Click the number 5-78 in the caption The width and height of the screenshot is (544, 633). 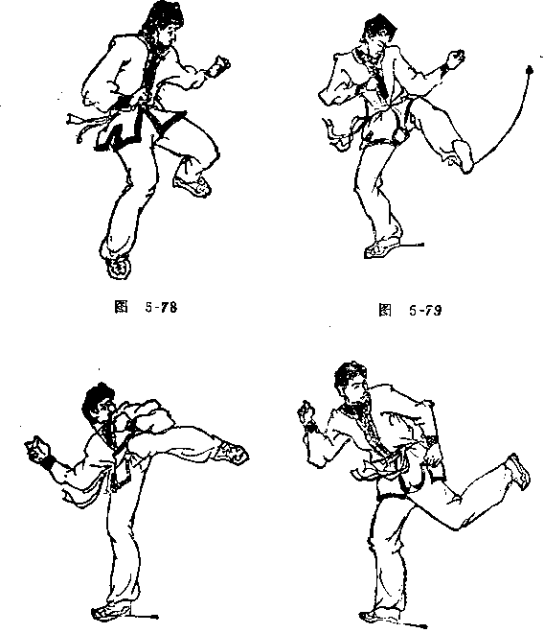[161, 308]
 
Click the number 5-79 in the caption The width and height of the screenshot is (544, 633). [425, 311]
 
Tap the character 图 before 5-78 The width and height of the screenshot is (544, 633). [121, 307]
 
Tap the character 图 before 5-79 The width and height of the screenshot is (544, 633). [385, 311]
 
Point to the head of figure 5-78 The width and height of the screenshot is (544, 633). [164, 23]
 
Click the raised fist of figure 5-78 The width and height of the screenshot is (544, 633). [219, 66]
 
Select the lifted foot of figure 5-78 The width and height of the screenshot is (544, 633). [193, 185]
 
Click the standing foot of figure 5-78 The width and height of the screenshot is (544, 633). [118, 266]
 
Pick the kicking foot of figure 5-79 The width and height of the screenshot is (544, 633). [463, 156]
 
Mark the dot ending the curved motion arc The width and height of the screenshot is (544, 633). [530, 71]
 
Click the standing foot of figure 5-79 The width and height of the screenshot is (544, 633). [382, 248]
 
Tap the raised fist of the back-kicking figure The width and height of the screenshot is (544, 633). [306, 412]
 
